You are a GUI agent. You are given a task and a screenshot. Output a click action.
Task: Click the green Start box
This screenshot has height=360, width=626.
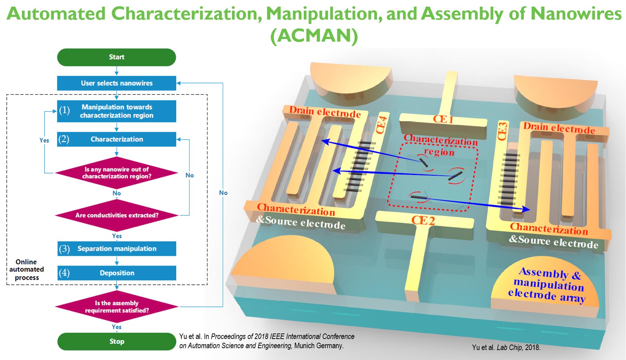pos(116,57)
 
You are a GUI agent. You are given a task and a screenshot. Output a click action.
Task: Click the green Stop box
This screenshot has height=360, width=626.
pos(116,342)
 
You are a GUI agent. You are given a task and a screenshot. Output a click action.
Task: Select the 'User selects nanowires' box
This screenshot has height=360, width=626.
pos(116,83)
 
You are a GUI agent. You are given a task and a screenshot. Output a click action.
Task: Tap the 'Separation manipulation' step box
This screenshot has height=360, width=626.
pos(116,249)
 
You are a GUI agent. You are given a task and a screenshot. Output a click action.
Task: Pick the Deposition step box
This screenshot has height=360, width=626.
pos(116,273)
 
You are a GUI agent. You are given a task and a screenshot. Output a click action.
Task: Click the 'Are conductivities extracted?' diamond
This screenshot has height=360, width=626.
pos(116,215)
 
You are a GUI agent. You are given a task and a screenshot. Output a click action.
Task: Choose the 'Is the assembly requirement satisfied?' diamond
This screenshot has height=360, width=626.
pos(116,307)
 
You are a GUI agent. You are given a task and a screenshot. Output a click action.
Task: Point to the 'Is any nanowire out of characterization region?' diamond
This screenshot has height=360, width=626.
pos(116,173)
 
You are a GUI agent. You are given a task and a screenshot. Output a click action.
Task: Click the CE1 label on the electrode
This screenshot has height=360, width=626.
pos(443,119)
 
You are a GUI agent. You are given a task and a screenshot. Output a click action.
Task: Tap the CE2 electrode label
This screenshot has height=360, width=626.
pos(423,220)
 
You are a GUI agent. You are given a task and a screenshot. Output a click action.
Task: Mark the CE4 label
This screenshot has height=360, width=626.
pos(381,125)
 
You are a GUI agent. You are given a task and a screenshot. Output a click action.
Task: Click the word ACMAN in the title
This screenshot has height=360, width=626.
pos(314,36)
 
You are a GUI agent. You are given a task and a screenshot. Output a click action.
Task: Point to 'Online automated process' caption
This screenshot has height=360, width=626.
pos(27,270)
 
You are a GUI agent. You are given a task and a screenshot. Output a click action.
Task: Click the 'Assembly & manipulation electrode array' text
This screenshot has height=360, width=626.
pos(547,285)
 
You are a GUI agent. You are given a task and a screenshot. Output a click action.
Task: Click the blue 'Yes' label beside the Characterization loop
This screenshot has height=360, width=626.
pos(44,140)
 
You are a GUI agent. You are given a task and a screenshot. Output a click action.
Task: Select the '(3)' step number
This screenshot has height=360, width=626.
pos(65,249)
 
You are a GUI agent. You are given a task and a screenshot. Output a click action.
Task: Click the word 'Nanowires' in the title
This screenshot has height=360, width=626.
pos(576,14)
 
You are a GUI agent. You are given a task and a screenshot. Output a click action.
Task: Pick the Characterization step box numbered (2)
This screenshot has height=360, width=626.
pos(116,139)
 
